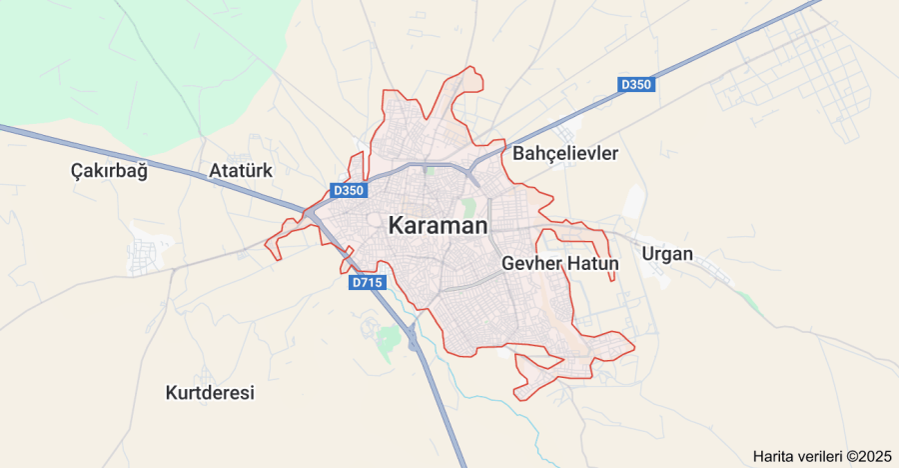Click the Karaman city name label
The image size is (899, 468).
(x=439, y=226)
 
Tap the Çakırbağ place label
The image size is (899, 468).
(x=109, y=171)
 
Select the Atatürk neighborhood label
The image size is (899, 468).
(x=241, y=171)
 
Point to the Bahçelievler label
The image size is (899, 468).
(x=565, y=154)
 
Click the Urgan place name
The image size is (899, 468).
(x=666, y=254)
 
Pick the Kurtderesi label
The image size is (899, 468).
(x=210, y=393)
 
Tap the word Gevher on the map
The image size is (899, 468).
(x=531, y=264)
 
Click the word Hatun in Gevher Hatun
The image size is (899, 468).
(x=593, y=264)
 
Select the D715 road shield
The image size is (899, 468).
(x=368, y=283)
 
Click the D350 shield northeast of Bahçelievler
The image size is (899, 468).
(x=635, y=85)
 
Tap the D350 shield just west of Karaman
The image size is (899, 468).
(x=349, y=190)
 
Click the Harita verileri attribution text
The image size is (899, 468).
(x=799, y=456)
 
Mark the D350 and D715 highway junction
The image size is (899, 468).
(x=313, y=212)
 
